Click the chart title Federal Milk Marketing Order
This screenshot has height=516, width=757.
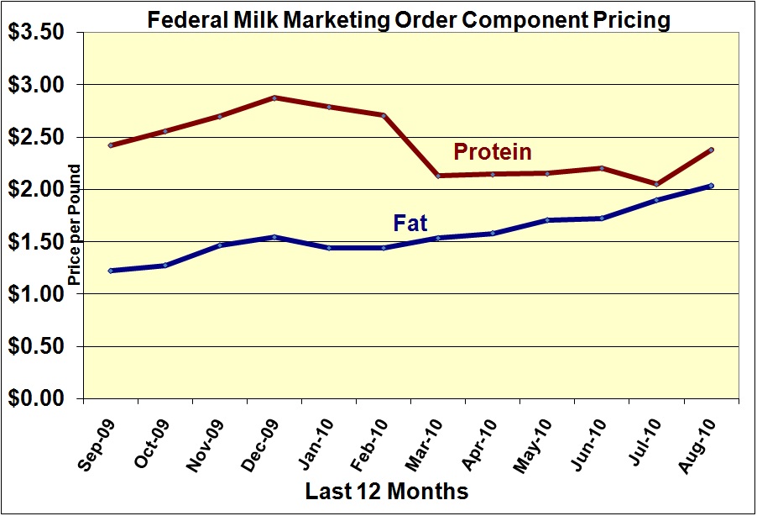pos(409,19)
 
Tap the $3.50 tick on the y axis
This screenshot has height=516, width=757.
pos(40,32)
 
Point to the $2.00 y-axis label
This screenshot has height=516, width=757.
pos(40,189)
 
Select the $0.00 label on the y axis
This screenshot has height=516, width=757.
pos(40,398)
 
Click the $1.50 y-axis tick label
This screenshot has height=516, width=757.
pos(40,242)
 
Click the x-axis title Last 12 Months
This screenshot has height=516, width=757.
pos(387,490)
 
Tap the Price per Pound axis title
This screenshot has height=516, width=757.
pos(74,225)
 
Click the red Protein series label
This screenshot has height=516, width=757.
pos(493,152)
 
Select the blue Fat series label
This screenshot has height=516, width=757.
pos(410,224)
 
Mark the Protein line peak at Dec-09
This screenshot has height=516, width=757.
pos(274,97)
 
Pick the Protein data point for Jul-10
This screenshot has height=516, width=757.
pos(656,184)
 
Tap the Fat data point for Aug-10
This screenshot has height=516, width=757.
pos(711,186)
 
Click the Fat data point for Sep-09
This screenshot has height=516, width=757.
pos(111,271)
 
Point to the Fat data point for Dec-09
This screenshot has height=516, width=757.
pos(274,237)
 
